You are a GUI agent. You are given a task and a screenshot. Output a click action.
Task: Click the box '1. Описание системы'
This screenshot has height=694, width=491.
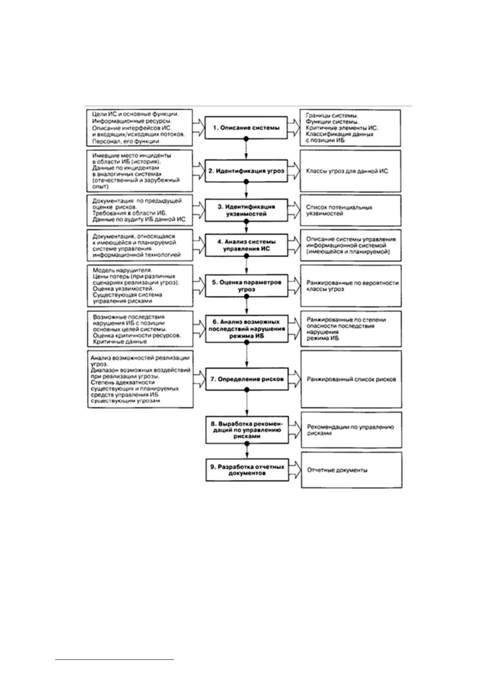(246, 128)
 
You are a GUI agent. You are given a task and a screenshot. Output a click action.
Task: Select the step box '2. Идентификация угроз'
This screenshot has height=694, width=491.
(246, 171)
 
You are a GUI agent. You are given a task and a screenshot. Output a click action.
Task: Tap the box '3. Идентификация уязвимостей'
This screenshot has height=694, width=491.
(246, 210)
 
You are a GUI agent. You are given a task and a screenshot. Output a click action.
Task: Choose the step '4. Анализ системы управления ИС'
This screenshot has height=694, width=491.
(247, 245)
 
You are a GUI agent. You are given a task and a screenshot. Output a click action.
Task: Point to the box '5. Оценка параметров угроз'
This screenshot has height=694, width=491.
(247, 286)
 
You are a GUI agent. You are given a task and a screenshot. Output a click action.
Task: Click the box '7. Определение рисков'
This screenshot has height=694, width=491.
(247, 379)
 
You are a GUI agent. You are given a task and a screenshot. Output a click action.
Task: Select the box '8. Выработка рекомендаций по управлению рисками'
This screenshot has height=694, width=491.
(247, 430)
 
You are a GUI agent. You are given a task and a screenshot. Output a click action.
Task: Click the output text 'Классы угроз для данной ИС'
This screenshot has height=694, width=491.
(347, 171)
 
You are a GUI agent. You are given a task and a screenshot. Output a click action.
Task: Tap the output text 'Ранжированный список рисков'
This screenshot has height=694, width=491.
(351, 379)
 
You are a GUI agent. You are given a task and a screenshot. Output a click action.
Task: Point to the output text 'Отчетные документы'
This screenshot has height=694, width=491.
(337, 470)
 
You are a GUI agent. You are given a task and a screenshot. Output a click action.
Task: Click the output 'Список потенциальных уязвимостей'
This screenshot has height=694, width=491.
(339, 210)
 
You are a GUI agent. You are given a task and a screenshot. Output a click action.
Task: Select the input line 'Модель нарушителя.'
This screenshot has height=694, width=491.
(122, 270)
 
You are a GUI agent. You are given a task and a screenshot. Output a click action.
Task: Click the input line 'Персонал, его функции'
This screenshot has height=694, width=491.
(126, 141)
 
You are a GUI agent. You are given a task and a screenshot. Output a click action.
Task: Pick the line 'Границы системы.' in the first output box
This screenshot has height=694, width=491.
(332, 116)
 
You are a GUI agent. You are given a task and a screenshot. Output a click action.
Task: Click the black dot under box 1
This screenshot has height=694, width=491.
(246, 139)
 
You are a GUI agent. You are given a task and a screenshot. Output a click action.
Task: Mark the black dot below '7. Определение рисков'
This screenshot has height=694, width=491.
(247, 390)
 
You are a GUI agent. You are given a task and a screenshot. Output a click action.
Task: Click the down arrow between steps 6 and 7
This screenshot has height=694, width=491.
(247, 355)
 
